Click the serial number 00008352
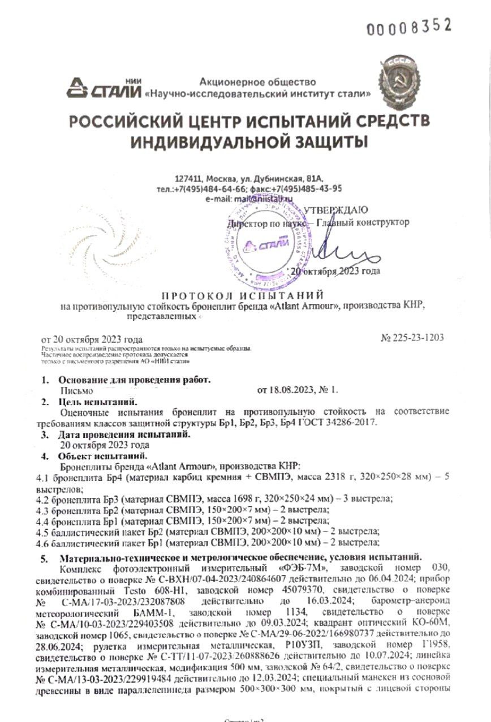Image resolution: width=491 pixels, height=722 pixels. [410, 26]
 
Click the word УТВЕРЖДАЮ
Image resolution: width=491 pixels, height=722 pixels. [335, 210]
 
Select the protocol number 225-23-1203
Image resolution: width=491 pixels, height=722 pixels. [418, 338]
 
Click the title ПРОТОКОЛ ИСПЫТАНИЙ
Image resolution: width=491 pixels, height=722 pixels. [243, 295]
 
